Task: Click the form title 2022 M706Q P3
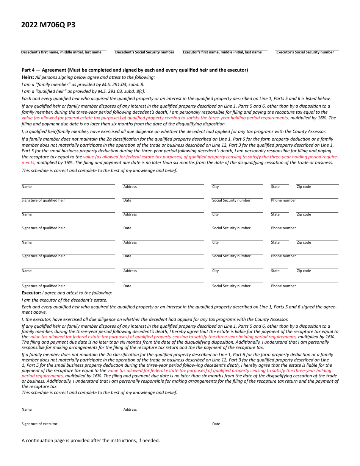click(x=48, y=25)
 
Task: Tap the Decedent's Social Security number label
click(x=144, y=52)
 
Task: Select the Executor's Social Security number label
click(x=305, y=52)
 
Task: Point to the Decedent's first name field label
click(x=61, y=52)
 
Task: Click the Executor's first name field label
click(x=222, y=52)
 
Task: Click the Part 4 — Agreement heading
click(x=135, y=70)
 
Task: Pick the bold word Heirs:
click(x=28, y=77)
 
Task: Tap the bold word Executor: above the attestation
click(x=31, y=293)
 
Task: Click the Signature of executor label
click(x=39, y=424)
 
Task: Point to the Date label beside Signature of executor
click(x=216, y=424)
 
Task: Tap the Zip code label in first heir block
click(x=304, y=187)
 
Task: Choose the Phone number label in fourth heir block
click(x=283, y=286)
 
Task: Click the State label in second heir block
click(x=275, y=214)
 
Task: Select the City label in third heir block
click(x=215, y=242)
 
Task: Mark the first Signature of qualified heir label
click(x=43, y=200)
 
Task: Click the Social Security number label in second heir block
click(x=231, y=228)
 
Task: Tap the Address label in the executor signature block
click(x=130, y=410)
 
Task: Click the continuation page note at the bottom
click(x=91, y=441)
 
